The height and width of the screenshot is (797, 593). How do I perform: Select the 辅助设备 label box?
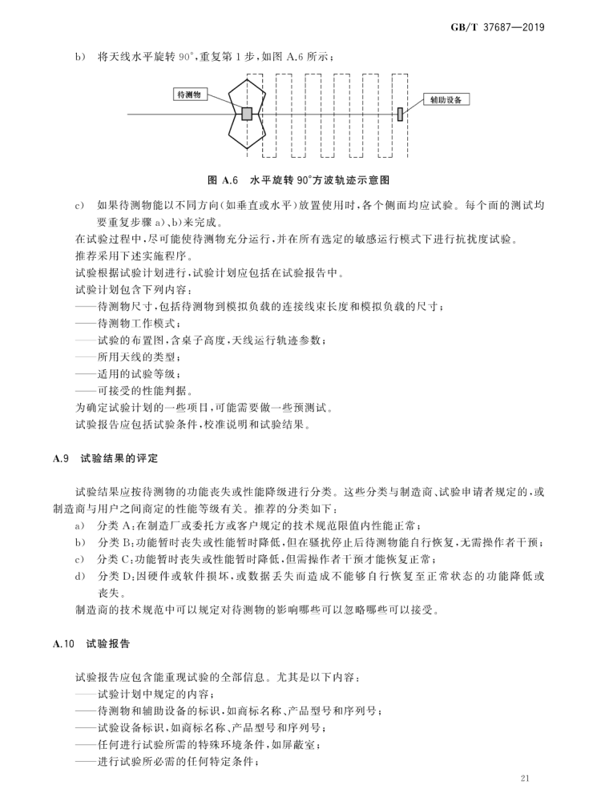click(x=445, y=100)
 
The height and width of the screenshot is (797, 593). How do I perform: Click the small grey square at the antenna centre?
click(x=248, y=114)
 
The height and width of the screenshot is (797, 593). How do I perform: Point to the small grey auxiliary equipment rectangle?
click(x=399, y=115)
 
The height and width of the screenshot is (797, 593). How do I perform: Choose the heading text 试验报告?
click(x=111, y=643)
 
